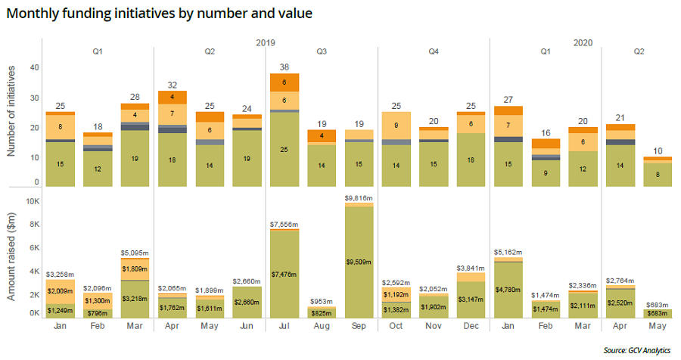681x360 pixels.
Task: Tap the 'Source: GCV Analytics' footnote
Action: (x=637, y=350)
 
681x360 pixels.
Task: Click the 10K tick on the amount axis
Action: (x=33, y=201)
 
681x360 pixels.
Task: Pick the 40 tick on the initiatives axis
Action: (x=34, y=67)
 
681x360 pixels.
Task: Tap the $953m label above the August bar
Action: (x=322, y=302)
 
